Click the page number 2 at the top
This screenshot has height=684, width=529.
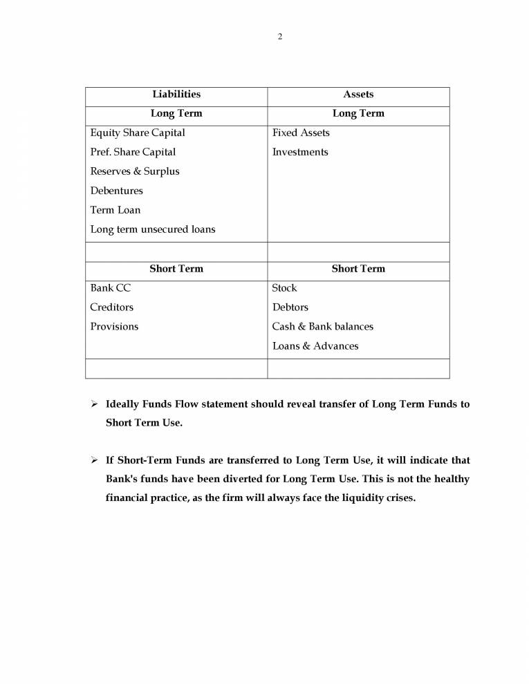point(280,37)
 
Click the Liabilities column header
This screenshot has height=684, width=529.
point(176,94)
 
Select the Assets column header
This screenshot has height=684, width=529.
point(358,94)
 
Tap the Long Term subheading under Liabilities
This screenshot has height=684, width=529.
point(176,113)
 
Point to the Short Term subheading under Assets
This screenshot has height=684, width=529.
point(358,269)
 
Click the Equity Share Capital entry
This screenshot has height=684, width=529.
point(138,133)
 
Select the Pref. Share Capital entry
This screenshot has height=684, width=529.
point(133,152)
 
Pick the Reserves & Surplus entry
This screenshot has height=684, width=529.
point(134,171)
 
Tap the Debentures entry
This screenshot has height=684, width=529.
point(116,191)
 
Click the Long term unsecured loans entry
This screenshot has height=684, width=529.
point(152,229)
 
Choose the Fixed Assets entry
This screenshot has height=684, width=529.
point(301,133)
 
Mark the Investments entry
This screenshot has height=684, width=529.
point(300,152)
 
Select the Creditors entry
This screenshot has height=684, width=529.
point(111,307)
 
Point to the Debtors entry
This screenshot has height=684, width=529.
point(290,307)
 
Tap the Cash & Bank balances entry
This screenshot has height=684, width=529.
point(322,327)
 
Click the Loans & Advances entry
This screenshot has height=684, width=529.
point(315,346)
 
